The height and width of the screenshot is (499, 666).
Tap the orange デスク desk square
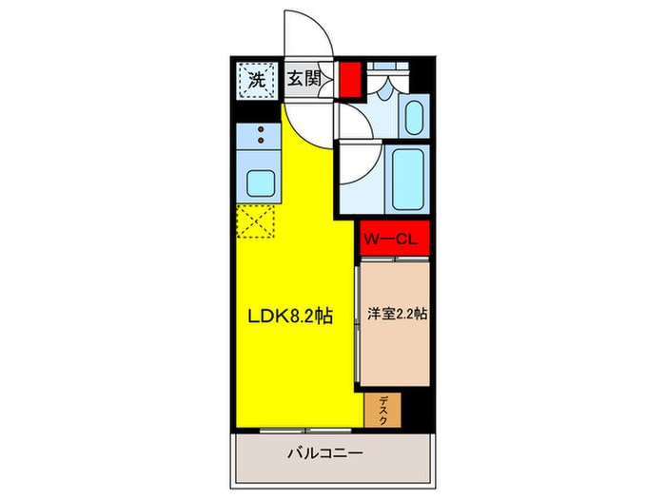pyautogui.click(x=382, y=410)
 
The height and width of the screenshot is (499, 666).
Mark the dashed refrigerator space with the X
pyautogui.click(x=255, y=223)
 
